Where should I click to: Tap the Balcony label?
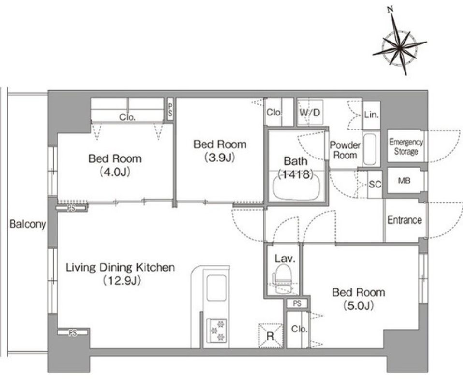click(28, 224)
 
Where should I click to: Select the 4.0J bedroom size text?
click(115, 172)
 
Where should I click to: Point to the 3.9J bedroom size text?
click(220, 158)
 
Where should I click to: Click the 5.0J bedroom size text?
click(359, 305)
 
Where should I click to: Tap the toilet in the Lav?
click(282, 278)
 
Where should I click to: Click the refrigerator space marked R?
click(270, 336)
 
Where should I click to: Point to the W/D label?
click(309, 113)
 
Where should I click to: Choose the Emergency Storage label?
click(406, 147)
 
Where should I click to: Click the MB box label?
click(404, 180)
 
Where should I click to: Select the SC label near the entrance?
click(375, 185)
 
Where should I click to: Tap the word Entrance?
click(405, 220)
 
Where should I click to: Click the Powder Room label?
click(345, 150)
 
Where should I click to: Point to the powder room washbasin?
click(369, 149)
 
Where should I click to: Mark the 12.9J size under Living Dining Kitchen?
click(122, 280)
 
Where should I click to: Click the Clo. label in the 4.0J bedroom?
click(127, 117)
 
